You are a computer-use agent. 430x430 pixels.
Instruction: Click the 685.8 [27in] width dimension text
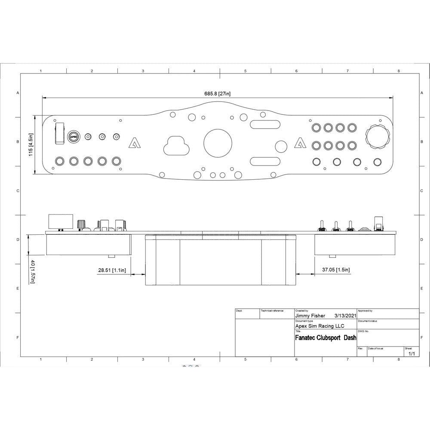point(218,94)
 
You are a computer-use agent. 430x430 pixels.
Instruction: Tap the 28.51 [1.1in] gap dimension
point(112,270)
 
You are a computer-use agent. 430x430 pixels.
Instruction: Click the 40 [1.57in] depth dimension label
point(32,271)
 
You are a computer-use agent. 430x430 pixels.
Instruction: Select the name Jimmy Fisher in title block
point(310,315)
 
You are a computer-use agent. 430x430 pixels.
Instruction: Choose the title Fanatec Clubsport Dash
point(326,338)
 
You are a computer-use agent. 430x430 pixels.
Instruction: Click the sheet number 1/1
point(412,353)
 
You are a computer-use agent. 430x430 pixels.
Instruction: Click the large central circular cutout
point(218,143)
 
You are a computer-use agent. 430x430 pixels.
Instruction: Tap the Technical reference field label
point(272,310)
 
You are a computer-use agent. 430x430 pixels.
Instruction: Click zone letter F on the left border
point(18,338)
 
